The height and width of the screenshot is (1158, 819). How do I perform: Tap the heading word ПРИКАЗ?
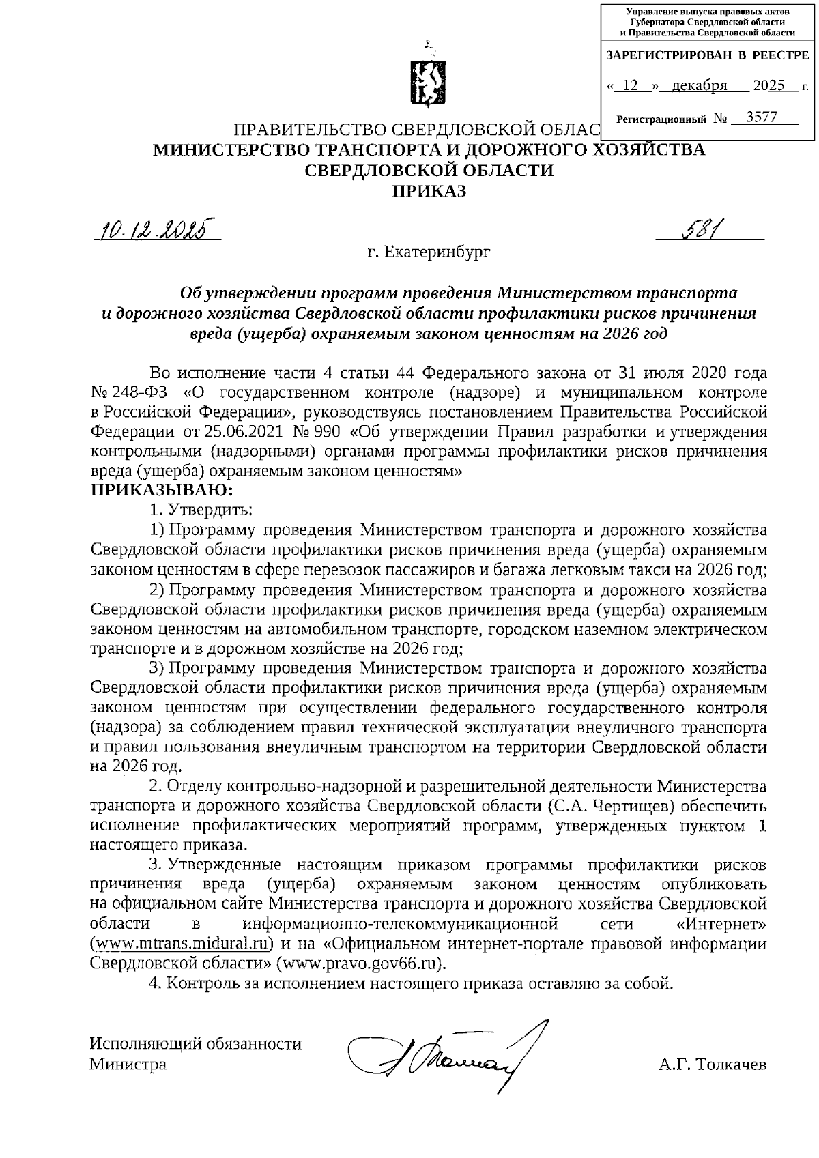click(x=428, y=192)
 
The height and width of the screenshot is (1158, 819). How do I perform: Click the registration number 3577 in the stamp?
click(x=762, y=117)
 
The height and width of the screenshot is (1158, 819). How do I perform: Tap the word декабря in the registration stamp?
click(x=698, y=86)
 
